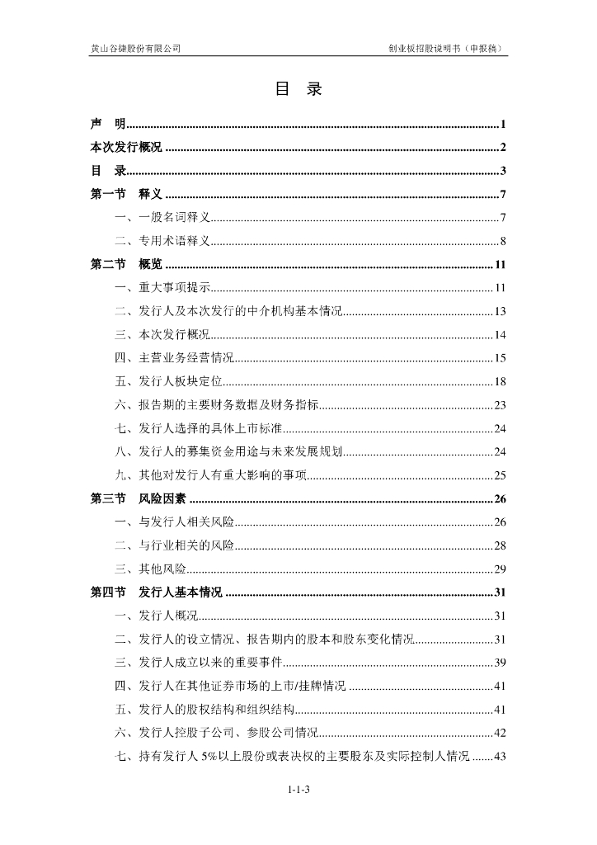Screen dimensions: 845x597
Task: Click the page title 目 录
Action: (298, 90)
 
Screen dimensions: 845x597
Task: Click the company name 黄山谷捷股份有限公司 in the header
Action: (135, 48)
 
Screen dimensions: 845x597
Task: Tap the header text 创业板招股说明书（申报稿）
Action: (446, 48)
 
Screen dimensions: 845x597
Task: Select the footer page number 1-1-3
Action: (298, 791)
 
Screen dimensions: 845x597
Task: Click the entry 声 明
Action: (108, 125)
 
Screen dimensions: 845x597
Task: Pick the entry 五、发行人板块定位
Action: (169, 381)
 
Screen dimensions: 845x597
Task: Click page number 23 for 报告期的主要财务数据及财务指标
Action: (500, 404)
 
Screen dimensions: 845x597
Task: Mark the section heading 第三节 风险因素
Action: (139, 498)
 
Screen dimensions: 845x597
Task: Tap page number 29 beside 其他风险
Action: (500, 569)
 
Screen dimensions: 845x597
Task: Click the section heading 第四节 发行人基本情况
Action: (157, 592)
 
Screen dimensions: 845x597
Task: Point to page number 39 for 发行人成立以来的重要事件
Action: (500, 663)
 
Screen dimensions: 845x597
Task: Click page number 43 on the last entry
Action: (500, 756)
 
